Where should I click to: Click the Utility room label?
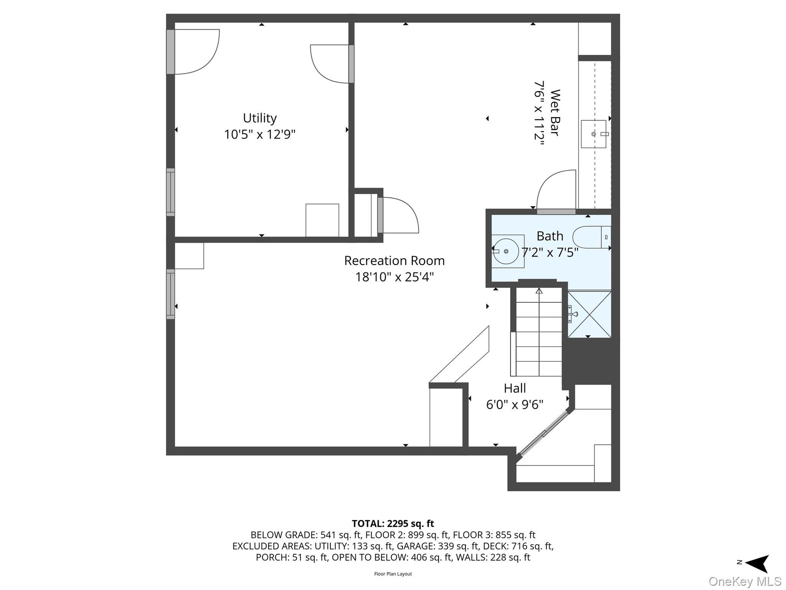(260, 118)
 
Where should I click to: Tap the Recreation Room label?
(394, 261)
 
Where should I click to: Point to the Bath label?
(550, 236)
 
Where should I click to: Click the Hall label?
(515, 388)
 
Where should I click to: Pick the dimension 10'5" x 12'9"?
(260, 134)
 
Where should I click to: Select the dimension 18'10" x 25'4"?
(394, 277)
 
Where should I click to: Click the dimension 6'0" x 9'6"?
(515, 405)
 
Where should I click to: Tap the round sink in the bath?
(506, 251)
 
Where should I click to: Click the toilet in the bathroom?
(592, 237)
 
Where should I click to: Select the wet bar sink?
(594, 134)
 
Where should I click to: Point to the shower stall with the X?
(589, 314)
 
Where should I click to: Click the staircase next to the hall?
(538, 332)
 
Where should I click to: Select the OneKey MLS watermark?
(745, 581)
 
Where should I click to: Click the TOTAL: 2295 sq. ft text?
(393, 524)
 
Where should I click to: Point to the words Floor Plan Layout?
(393, 574)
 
